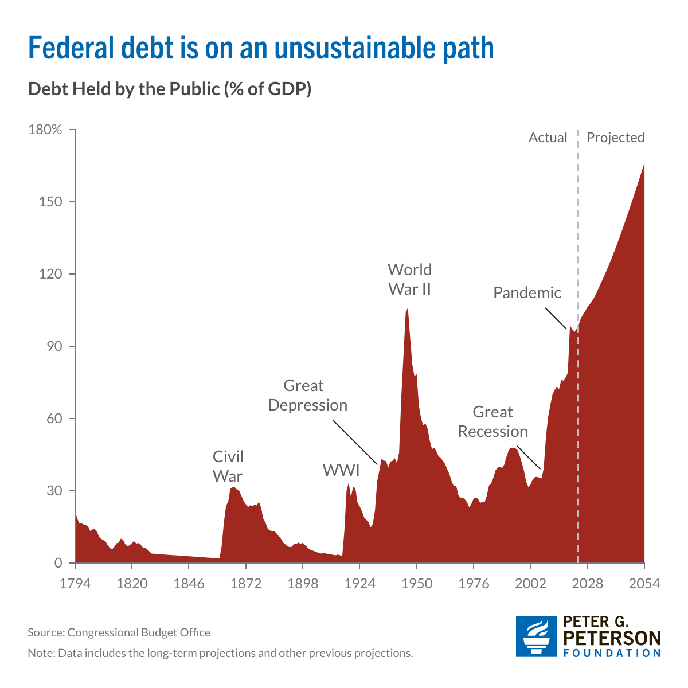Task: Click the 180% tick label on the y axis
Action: [x=44, y=130]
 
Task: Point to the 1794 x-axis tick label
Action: [x=75, y=584]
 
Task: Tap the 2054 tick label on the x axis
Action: [x=644, y=584]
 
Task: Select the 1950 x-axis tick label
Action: [x=417, y=584]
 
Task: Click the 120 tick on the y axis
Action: [x=50, y=274]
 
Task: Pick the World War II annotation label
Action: [x=409, y=279]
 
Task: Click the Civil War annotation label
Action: [x=228, y=466]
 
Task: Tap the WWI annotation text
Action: [x=341, y=471]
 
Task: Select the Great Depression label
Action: [x=307, y=395]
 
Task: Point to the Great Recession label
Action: [x=492, y=421]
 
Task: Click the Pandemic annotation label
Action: [x=527, y=293]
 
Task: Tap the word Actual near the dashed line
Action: [x=548, y=138]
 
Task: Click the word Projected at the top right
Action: [x=615, y=138]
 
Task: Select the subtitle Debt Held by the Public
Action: [x=169, y=89]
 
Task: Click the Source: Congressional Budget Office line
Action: [x=119, y=632]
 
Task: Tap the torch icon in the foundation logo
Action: [x=536, y=636]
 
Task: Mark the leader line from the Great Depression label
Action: [x=354, y=441]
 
